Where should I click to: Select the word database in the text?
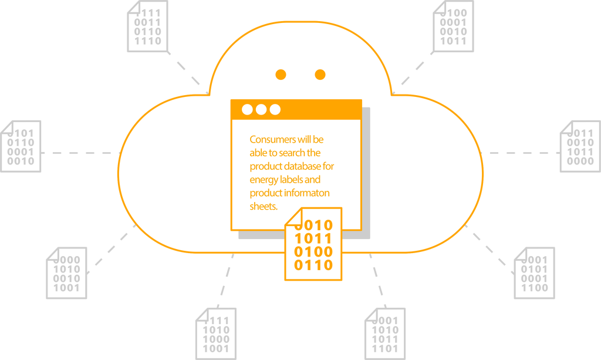(x=302, y=166)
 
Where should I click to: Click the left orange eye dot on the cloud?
(x=281, y=75)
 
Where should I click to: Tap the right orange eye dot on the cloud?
(x=320, y=75)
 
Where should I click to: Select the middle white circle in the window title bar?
(x=261, y=110)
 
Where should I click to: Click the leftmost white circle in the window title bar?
(x=247, y=110)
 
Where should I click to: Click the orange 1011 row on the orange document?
(x=313, y=238)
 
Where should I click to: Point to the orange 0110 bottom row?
(x=313, y=265)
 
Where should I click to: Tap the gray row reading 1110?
(x=147, y=41)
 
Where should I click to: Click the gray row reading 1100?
(x=534, y=288)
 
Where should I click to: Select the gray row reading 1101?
(x=385, y=349)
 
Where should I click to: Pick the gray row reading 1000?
(x=216, y=339)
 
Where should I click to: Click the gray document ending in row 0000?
(x=580, y=146)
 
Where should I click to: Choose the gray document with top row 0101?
(x=21, y=146)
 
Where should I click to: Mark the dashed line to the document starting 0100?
(x=413, y=72)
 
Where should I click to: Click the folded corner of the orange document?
(x=293, y=217)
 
